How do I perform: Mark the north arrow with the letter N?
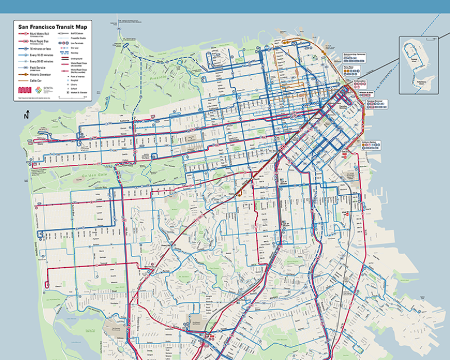[26, 116]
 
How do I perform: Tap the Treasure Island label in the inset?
[415, 58]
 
